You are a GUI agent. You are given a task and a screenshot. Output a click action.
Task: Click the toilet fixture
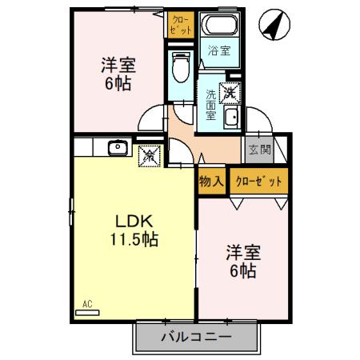click(181, 66)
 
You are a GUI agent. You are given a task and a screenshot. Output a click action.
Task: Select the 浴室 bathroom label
click(218, 51)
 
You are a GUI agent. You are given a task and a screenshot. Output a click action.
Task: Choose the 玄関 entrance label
click(259, 149)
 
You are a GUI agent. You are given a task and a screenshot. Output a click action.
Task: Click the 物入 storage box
click(211, 181)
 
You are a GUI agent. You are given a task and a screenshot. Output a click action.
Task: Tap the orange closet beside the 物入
click(258, 181)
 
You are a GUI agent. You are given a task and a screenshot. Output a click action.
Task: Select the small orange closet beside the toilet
click(181, 24)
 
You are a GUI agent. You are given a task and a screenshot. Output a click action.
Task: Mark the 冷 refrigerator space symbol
click(150, 157)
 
